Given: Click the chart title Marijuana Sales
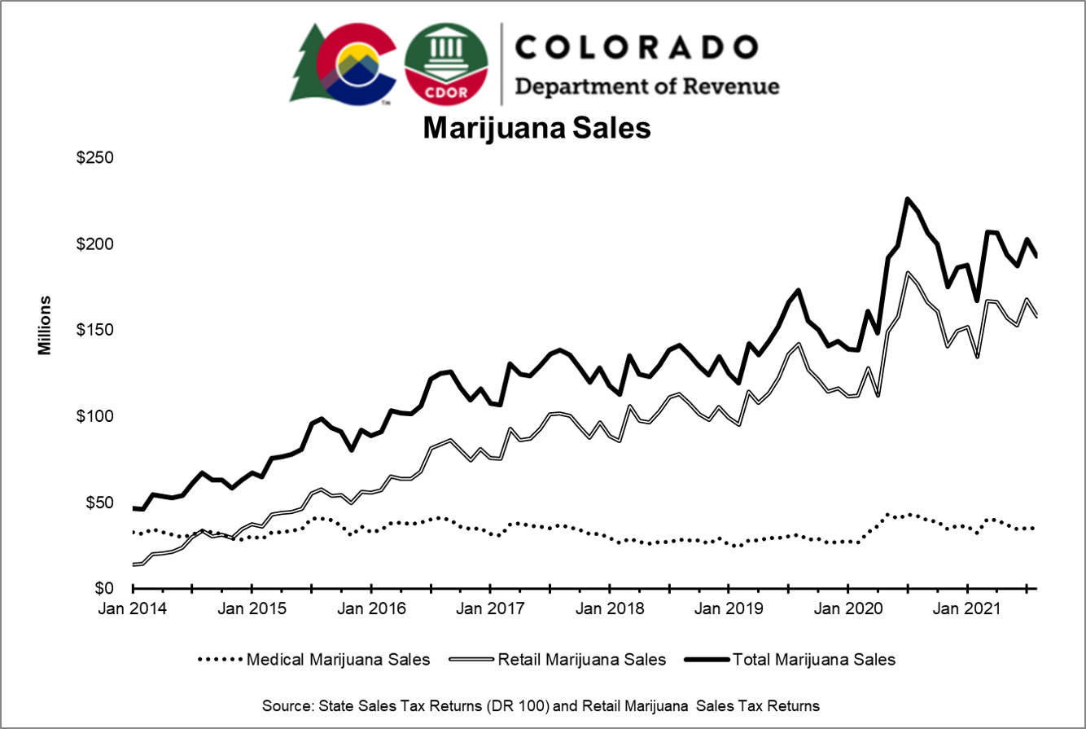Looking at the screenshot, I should pos(536,129).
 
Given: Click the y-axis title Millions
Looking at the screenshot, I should pos(45,326).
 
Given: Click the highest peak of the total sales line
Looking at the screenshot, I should pos(907,199).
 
